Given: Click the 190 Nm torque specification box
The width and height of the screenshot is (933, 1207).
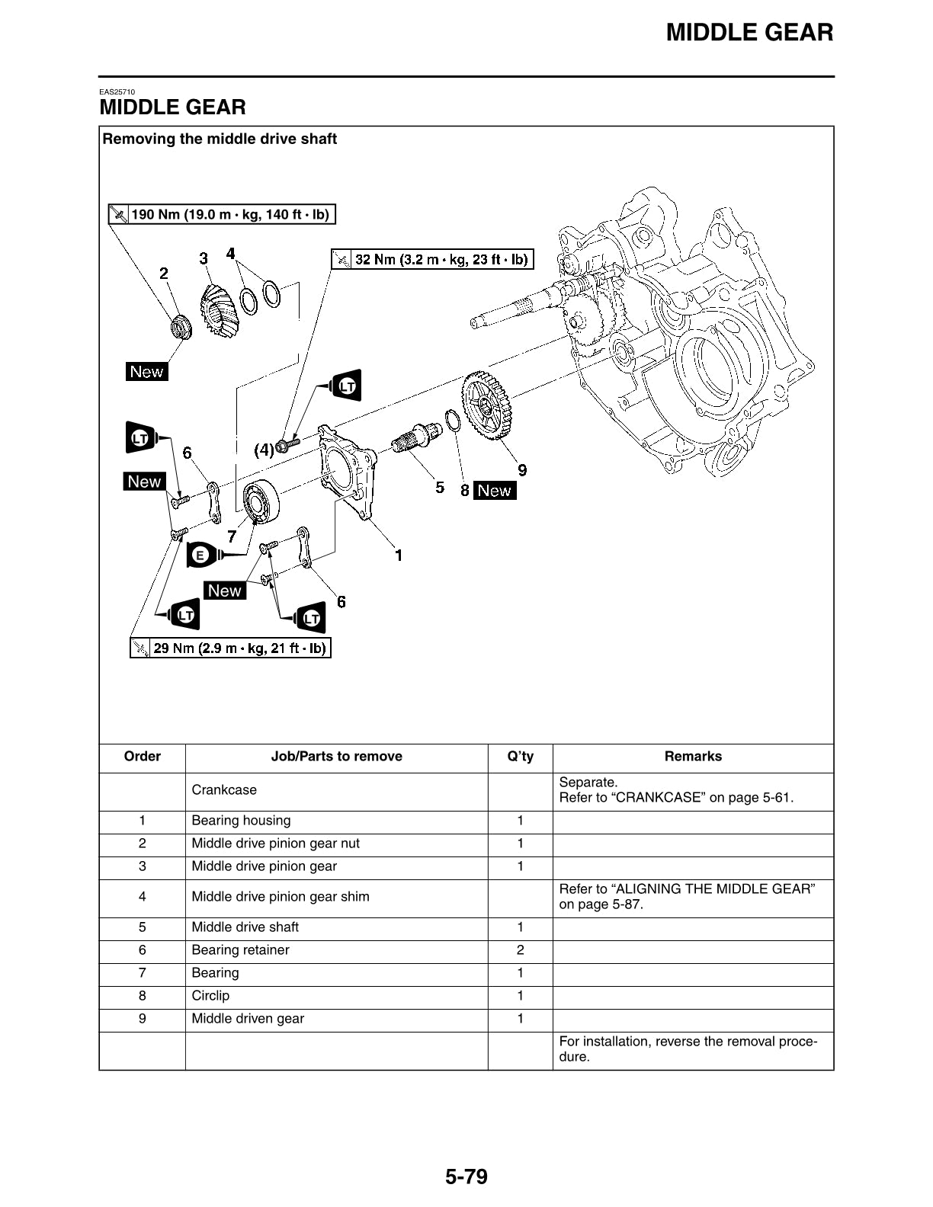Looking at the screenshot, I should pyautogui.click(x=222, y=214).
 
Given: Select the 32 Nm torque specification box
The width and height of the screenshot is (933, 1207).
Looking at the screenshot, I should pyautogui.click(x=432, y=259).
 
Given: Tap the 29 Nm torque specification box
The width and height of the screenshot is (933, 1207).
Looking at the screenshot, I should pyautogui.click(x=231, y=648).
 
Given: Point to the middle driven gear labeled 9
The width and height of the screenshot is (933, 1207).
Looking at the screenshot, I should pyautogui.click(x=486, y=405).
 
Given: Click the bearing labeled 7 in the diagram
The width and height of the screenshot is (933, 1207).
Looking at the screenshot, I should pyautogui.click(x=261, y=501).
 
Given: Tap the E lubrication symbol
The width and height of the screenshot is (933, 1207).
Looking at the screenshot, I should pyautogui.click(x=200, y=555).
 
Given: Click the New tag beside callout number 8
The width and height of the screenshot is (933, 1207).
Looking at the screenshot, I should pyautogui.click(x=494, y=491).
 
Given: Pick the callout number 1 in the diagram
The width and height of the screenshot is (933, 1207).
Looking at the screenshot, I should pyautogui.click(x=398, y=555).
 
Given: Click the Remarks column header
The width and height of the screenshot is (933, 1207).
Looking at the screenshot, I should pyautogui.click(x=693, y=757).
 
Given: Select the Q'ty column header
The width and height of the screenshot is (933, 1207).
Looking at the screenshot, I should pyautogui.click(x=521, y=757).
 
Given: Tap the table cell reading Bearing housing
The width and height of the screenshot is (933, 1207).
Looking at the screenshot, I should pyautogui.click(x=241, y=821).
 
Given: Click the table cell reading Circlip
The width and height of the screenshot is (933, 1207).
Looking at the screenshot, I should pyautogui.click(x=210, y=996).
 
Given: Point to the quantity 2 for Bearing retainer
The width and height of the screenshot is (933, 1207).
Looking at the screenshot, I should pyautogui.click(x=521, y=950).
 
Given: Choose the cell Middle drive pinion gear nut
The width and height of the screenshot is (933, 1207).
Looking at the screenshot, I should pyautogui.click(x=275, y=844).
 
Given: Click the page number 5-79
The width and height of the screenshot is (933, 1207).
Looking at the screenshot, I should pyautogui.click(x=466, y=1177).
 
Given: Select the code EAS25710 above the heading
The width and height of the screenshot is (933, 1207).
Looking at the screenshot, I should pyautogui.click(x=117, y=92).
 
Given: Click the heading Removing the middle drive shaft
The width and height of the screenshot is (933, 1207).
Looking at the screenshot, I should pyautogui.click(x=220, y=139).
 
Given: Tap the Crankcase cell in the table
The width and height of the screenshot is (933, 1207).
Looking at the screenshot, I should pyautogui.click(x=224, y=790).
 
